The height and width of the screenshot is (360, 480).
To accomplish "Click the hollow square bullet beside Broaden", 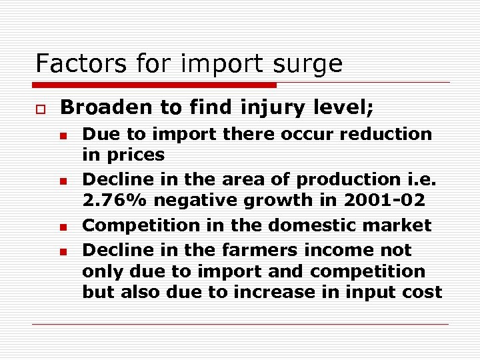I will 40,107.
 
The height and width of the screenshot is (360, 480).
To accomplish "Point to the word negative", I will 179,200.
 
